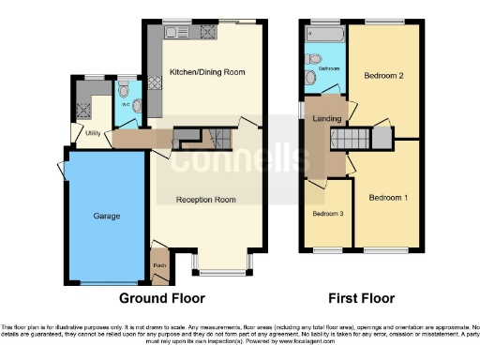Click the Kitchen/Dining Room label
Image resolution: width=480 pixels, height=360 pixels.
pyautogui.click(x=206, y=72)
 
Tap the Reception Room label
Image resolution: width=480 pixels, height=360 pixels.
pyautogui.click(x=206, y=200)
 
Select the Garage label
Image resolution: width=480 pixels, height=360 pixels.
pyautogui.click(x=106, y=216)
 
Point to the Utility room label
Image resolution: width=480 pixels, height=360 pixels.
pyautogui.click(x=93, y=134)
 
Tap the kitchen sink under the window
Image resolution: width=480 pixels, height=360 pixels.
pyautogui.click(x=176, y=33)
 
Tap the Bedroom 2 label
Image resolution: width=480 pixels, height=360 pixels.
pyautogui.click(x=384, y=76)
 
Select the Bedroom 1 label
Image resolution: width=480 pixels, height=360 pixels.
pyautogui.click(x=388, y=198)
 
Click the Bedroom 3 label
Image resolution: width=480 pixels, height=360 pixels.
pyautogui.click(x=328, y=214)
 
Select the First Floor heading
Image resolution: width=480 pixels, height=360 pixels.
pyautogui.click(x=359, y=299)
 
